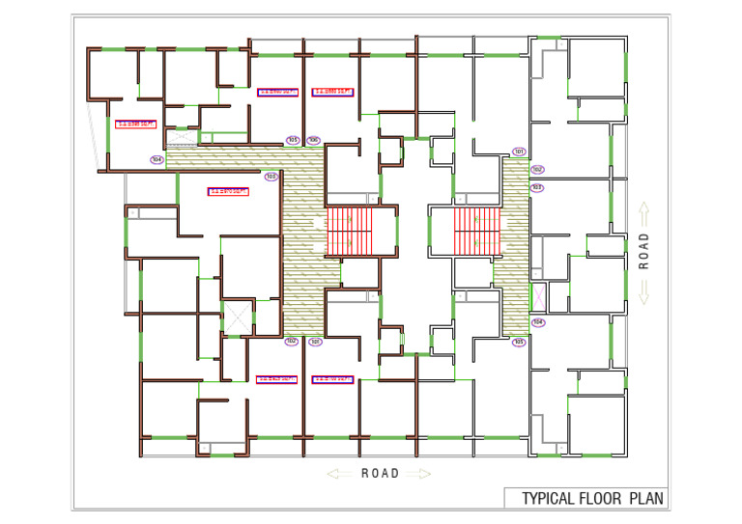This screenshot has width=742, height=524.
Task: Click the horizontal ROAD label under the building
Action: coord(380,474)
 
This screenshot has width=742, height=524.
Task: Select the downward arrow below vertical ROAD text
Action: coord(643,290)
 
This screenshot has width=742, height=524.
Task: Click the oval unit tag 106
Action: coord(315,140)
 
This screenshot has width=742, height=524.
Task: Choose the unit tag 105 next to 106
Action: coord(293,140)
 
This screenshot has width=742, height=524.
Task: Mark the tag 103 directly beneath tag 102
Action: coord(537,187)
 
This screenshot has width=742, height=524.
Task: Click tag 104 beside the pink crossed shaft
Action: coord(538,322)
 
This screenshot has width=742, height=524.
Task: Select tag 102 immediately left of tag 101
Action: coord(291,341)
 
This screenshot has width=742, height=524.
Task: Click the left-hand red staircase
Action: coord(350,232)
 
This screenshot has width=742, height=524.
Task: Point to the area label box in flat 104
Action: coord(135,123)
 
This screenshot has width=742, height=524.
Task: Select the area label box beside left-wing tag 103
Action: coord(229,191)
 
